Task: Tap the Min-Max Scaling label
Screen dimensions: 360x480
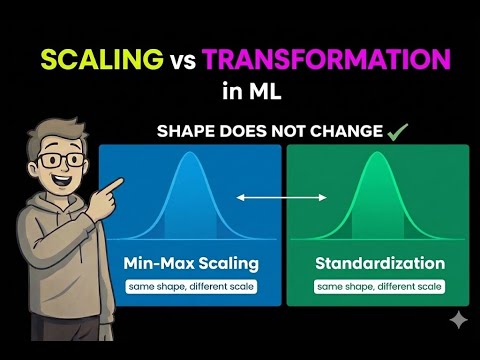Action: [x=190, y=265]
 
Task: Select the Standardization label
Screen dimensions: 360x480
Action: [x=379, y=265]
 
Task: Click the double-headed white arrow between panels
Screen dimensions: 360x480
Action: [x=283, y=198]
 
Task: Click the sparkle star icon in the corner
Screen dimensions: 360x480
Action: [x=457, y=319]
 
